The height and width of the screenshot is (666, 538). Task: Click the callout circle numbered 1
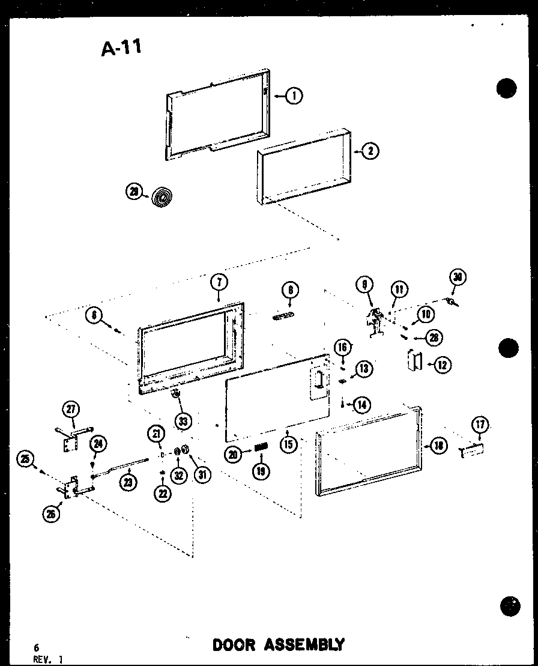tap(294, 95)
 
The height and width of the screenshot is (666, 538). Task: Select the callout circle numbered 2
tap(370, 151)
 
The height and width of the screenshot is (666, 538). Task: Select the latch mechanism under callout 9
tap(376, 321)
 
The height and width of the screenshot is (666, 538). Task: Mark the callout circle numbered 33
tap(183, 421)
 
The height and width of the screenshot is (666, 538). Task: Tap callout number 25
tap(25, 460)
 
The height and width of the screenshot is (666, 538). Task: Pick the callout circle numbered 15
tap(288, 446)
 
